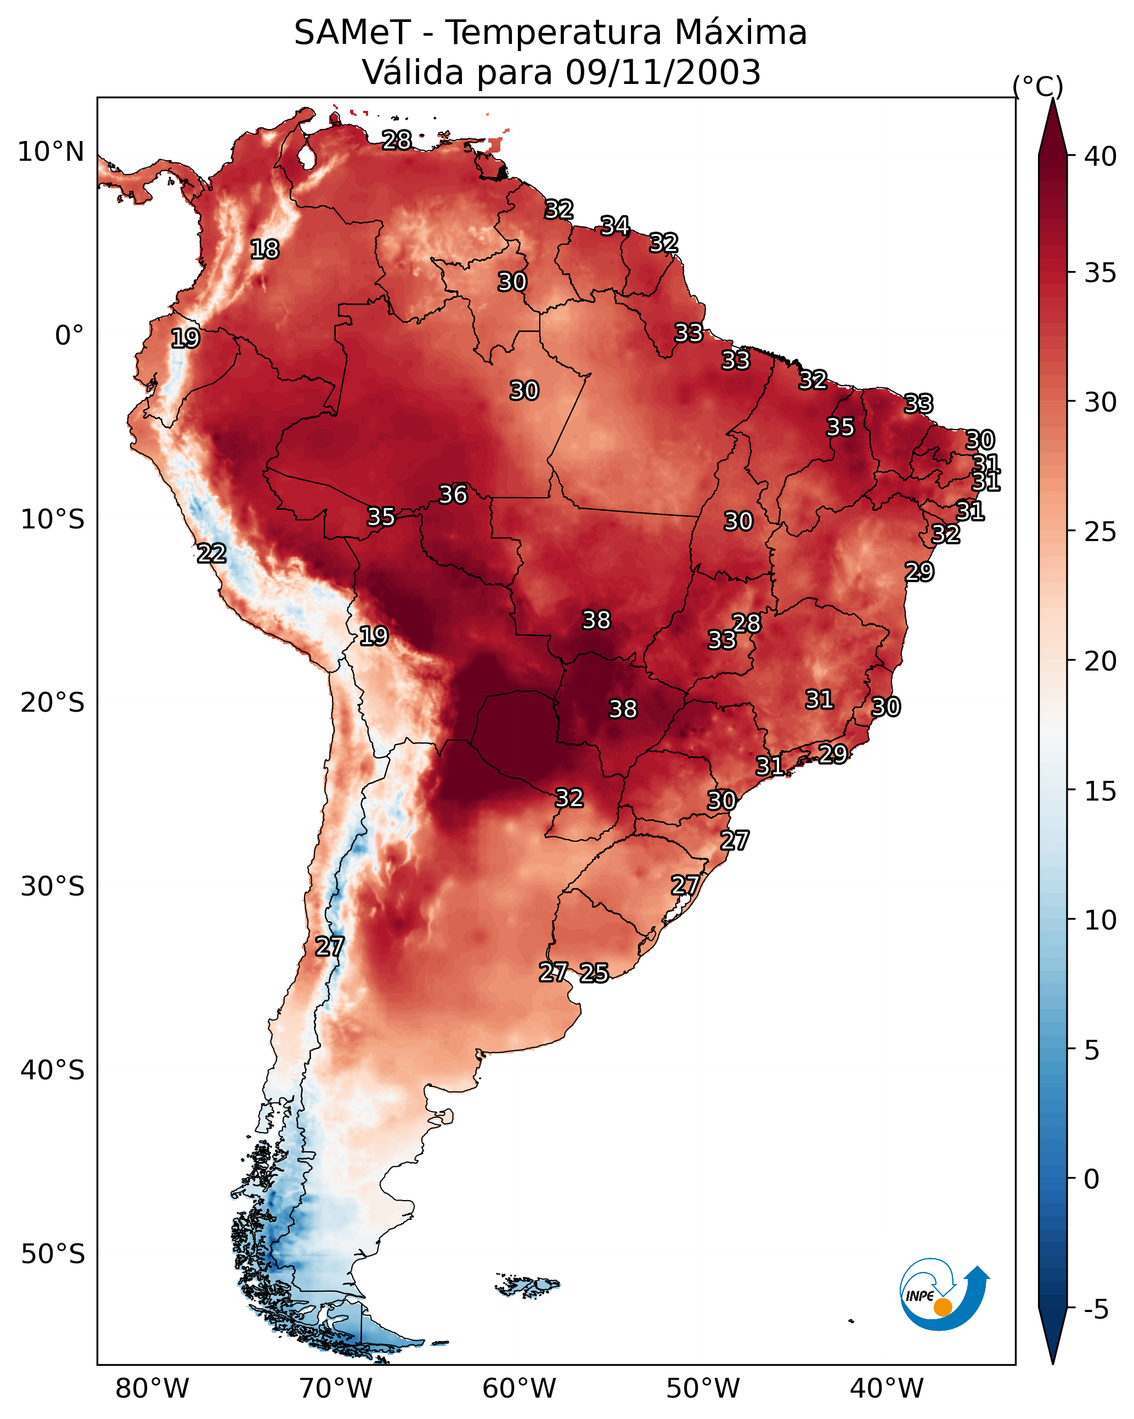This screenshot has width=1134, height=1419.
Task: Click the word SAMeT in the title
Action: [352, 33]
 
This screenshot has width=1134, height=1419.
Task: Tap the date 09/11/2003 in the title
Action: [663, 72]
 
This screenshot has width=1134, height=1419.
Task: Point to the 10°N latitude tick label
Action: [50, 152]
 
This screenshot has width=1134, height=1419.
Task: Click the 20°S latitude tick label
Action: [53, 703]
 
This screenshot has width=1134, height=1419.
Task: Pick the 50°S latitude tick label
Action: [53, 1254]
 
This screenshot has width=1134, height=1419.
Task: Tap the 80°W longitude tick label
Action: [152, 1389]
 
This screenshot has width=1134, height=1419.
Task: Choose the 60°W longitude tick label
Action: [520, 1389]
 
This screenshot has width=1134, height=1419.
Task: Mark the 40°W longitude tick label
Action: [887, 1389]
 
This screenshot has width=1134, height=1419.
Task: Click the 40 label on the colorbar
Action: [1101, 156]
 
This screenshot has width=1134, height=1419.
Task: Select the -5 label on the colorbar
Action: [1097, 1310]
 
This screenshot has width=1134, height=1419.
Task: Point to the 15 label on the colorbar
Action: [1101, 791]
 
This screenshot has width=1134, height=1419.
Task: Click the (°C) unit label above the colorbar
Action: [1038, 86]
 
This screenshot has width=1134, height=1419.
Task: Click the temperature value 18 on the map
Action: [264, 250]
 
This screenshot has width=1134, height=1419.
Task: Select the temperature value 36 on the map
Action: [453, 494]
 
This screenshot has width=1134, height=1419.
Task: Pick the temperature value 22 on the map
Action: [212, 554]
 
